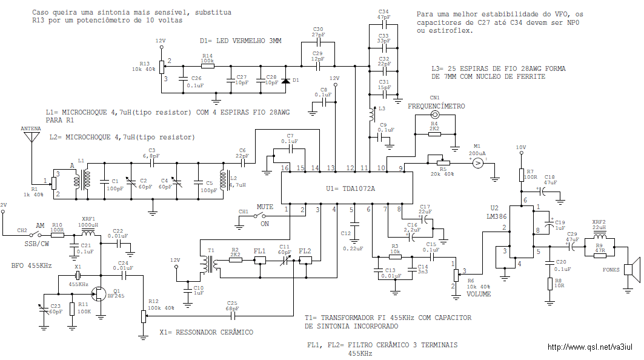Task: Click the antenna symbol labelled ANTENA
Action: click(32, 136)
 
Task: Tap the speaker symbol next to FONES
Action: click(632, 270)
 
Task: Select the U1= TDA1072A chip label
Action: click(350, 188)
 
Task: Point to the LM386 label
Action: click(498, 216)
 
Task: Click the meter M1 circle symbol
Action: click(477, 164)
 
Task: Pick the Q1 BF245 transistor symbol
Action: click(99, 293)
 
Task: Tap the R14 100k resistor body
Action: click(207, 65)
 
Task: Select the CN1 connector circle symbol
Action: click(434, 115)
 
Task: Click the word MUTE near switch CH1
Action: click(265, 207)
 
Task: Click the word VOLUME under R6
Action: click(479, 294)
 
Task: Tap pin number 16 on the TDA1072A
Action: click(285, 168)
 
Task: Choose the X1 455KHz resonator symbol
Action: click(78, 275)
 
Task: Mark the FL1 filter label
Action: click(259, 251)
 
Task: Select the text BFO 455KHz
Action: click(32, 265)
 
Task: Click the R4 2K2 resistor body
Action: click(434, 134)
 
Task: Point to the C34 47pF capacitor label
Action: click(383, 15)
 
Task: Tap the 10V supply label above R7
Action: click(521, 147)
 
